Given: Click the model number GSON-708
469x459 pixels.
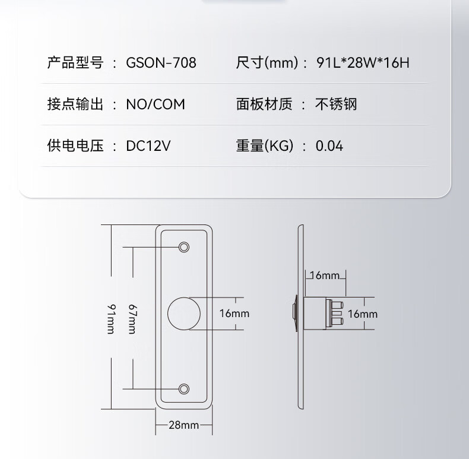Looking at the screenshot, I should click(x=161, y=62).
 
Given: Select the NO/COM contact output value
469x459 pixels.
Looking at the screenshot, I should click(x=155, y=105).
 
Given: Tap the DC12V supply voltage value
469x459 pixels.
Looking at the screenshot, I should click(x=148, y=146).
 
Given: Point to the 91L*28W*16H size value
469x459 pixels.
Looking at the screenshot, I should click(x=363, y=62).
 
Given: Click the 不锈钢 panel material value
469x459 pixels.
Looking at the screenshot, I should click(x=335, y=105).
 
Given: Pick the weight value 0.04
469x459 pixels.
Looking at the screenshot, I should click(x=329, y=146).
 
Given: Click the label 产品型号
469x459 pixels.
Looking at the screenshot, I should click(x=75, y=62).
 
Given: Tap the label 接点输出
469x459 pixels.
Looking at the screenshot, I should click(x=75, y=105).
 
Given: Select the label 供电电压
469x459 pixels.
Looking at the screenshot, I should click(x=75, y=146).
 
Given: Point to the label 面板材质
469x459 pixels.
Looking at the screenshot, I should click(x=264, y=105).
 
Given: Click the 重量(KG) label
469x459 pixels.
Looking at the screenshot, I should click(x=265, y=146).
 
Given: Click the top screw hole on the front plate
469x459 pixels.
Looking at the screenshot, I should click(x=184, y=246).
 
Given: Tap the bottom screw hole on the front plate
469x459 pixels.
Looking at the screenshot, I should click(x=184, y=389).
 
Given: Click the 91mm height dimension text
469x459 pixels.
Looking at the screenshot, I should click(x=111, y=318).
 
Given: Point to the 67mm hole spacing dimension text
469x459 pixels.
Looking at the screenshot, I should click(x=132, y=318).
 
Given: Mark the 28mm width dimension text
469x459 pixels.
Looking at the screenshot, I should click(x=183, y=425).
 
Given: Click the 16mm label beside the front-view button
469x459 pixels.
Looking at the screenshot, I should click(x=234, y=314).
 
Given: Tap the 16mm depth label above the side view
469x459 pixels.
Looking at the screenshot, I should click(x=324, y=275).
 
